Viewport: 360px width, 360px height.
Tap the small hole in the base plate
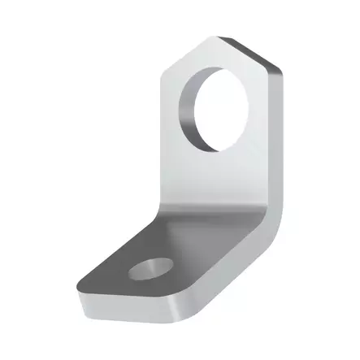[151, 268]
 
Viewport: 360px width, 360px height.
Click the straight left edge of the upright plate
[163, 146]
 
